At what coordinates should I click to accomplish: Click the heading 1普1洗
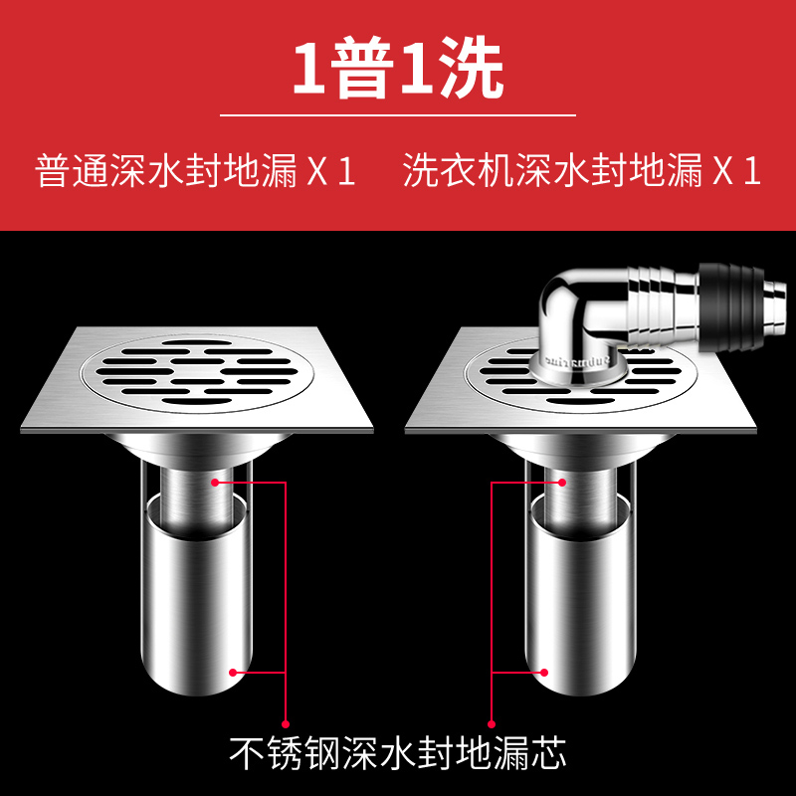pyautogui.click(x=397, y=68)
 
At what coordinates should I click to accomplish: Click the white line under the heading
pyautogui.click(x=397, y=115)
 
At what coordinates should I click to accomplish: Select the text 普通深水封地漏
pyautogui.click(x=166, y=171)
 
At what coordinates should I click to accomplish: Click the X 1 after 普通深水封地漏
pyautogui.click(x=331, y=171)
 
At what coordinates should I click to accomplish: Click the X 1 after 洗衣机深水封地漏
pyautogui.click(x=737, y=171)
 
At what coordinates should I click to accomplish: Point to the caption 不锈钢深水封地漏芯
pyautogui.click(x=398, y=751)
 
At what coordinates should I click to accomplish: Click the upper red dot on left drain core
pyautogui.click(x=215, y=483)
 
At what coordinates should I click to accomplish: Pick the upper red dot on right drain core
pyautogui.click(x=563, y=483)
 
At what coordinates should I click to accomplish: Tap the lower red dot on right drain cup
pyautogui.click(x=544, y=672)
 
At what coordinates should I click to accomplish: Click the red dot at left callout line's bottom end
pyautogui.click(x=286, y=723)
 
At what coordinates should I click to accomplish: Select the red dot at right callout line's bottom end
pyautogui.click(x=492, y=723)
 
